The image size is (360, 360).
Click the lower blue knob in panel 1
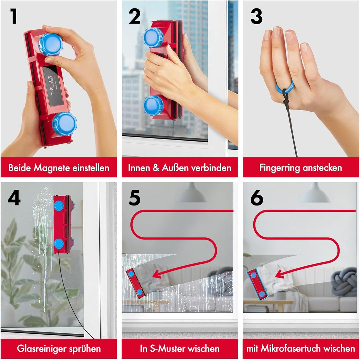click(64, 124)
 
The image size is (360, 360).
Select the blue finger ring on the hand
click(285, 88)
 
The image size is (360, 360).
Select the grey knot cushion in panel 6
click(344, 283)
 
